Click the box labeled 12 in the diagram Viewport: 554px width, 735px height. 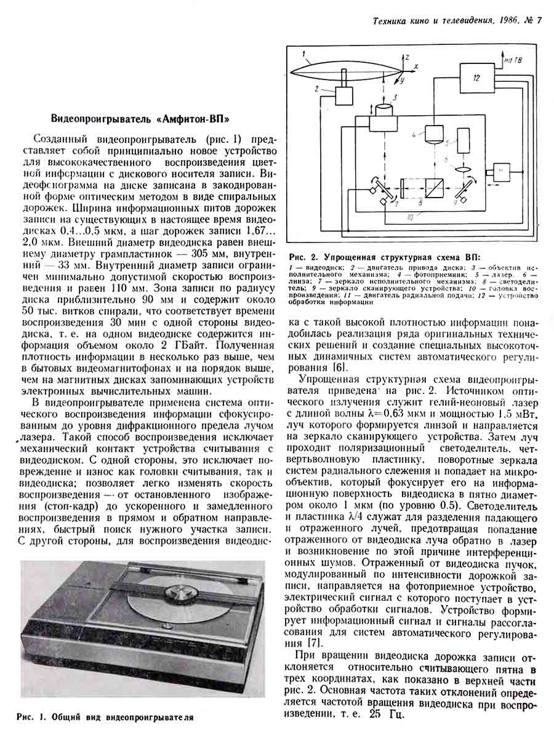click(476, 79)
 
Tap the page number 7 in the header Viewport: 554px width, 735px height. click(539, 21)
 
